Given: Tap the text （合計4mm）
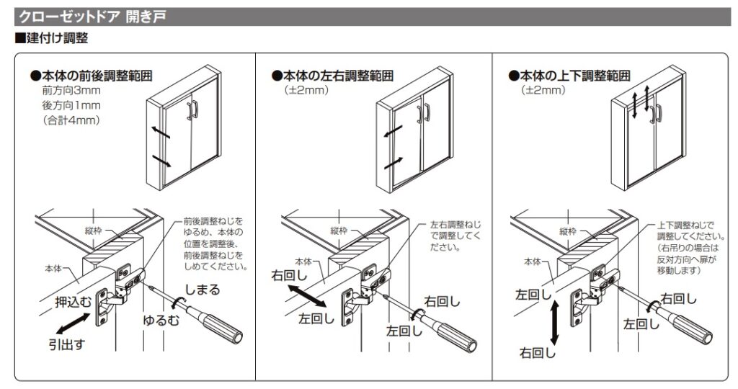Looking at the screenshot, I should coord(71,120).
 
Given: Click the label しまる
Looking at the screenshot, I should coord(203,290).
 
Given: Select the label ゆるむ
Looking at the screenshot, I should coord(160,321).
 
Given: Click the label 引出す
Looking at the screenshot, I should coord(66,345).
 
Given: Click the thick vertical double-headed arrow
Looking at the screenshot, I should coord(553,323).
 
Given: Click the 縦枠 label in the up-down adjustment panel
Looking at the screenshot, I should coord(568,231).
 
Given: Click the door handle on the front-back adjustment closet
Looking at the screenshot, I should coord(192,109).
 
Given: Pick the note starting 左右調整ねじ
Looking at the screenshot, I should coord(455,236).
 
